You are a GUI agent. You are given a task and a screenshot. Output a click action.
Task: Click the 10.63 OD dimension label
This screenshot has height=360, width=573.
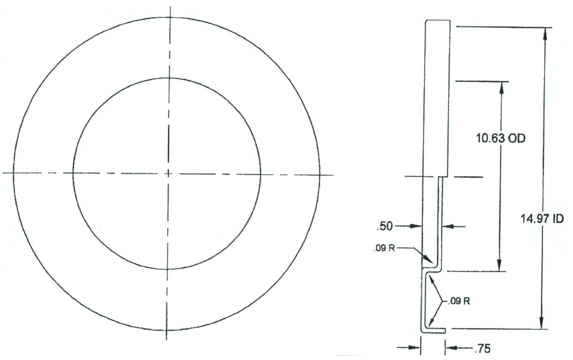(500, 139)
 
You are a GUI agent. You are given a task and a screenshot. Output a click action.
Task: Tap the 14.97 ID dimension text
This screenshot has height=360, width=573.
(542, 219)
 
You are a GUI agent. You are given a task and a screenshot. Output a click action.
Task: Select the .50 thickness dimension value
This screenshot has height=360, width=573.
(384, 226)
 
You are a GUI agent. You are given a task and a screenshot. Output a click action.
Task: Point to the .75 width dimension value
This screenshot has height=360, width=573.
(483, 348)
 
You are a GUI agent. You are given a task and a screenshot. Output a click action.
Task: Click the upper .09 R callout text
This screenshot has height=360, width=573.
(384, 248)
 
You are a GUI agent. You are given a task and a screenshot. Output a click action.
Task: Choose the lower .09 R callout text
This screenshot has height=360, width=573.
(459, 301)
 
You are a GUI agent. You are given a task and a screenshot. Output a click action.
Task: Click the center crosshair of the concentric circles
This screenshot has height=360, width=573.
(168, 174)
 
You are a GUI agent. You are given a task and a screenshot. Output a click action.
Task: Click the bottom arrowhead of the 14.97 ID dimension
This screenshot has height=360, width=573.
(541, 323)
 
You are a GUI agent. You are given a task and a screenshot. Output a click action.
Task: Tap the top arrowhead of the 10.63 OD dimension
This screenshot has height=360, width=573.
(501, 88)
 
